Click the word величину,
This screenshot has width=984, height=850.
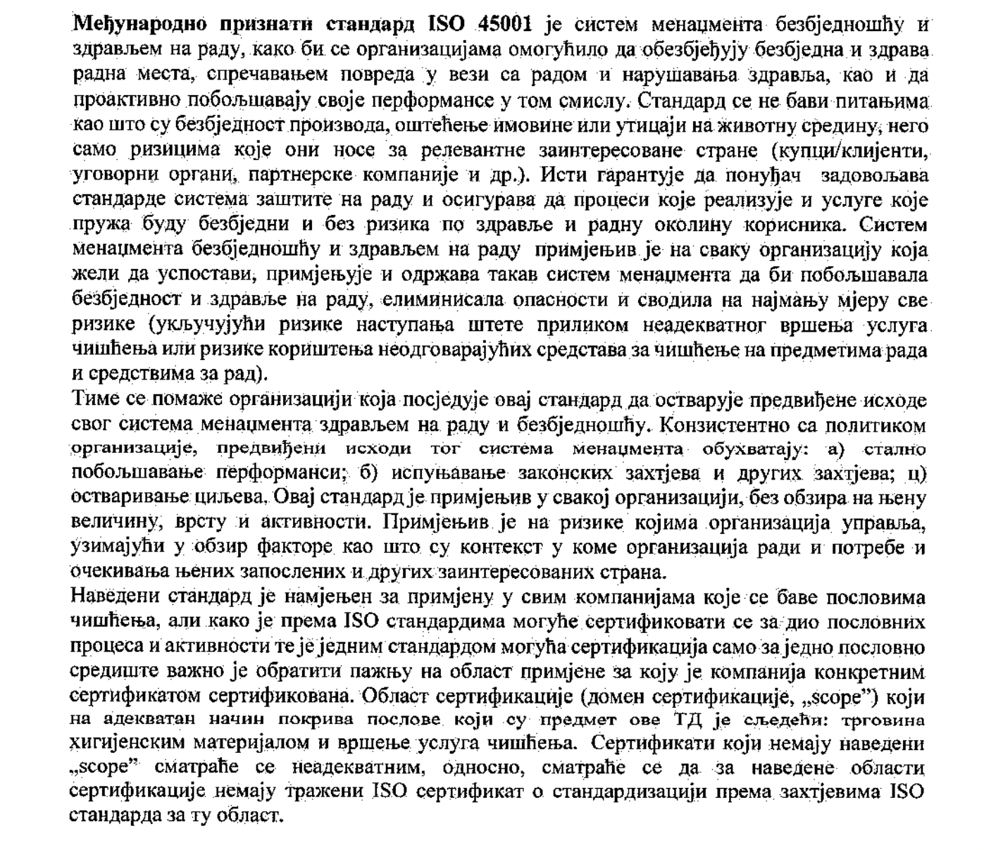[112, 523]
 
